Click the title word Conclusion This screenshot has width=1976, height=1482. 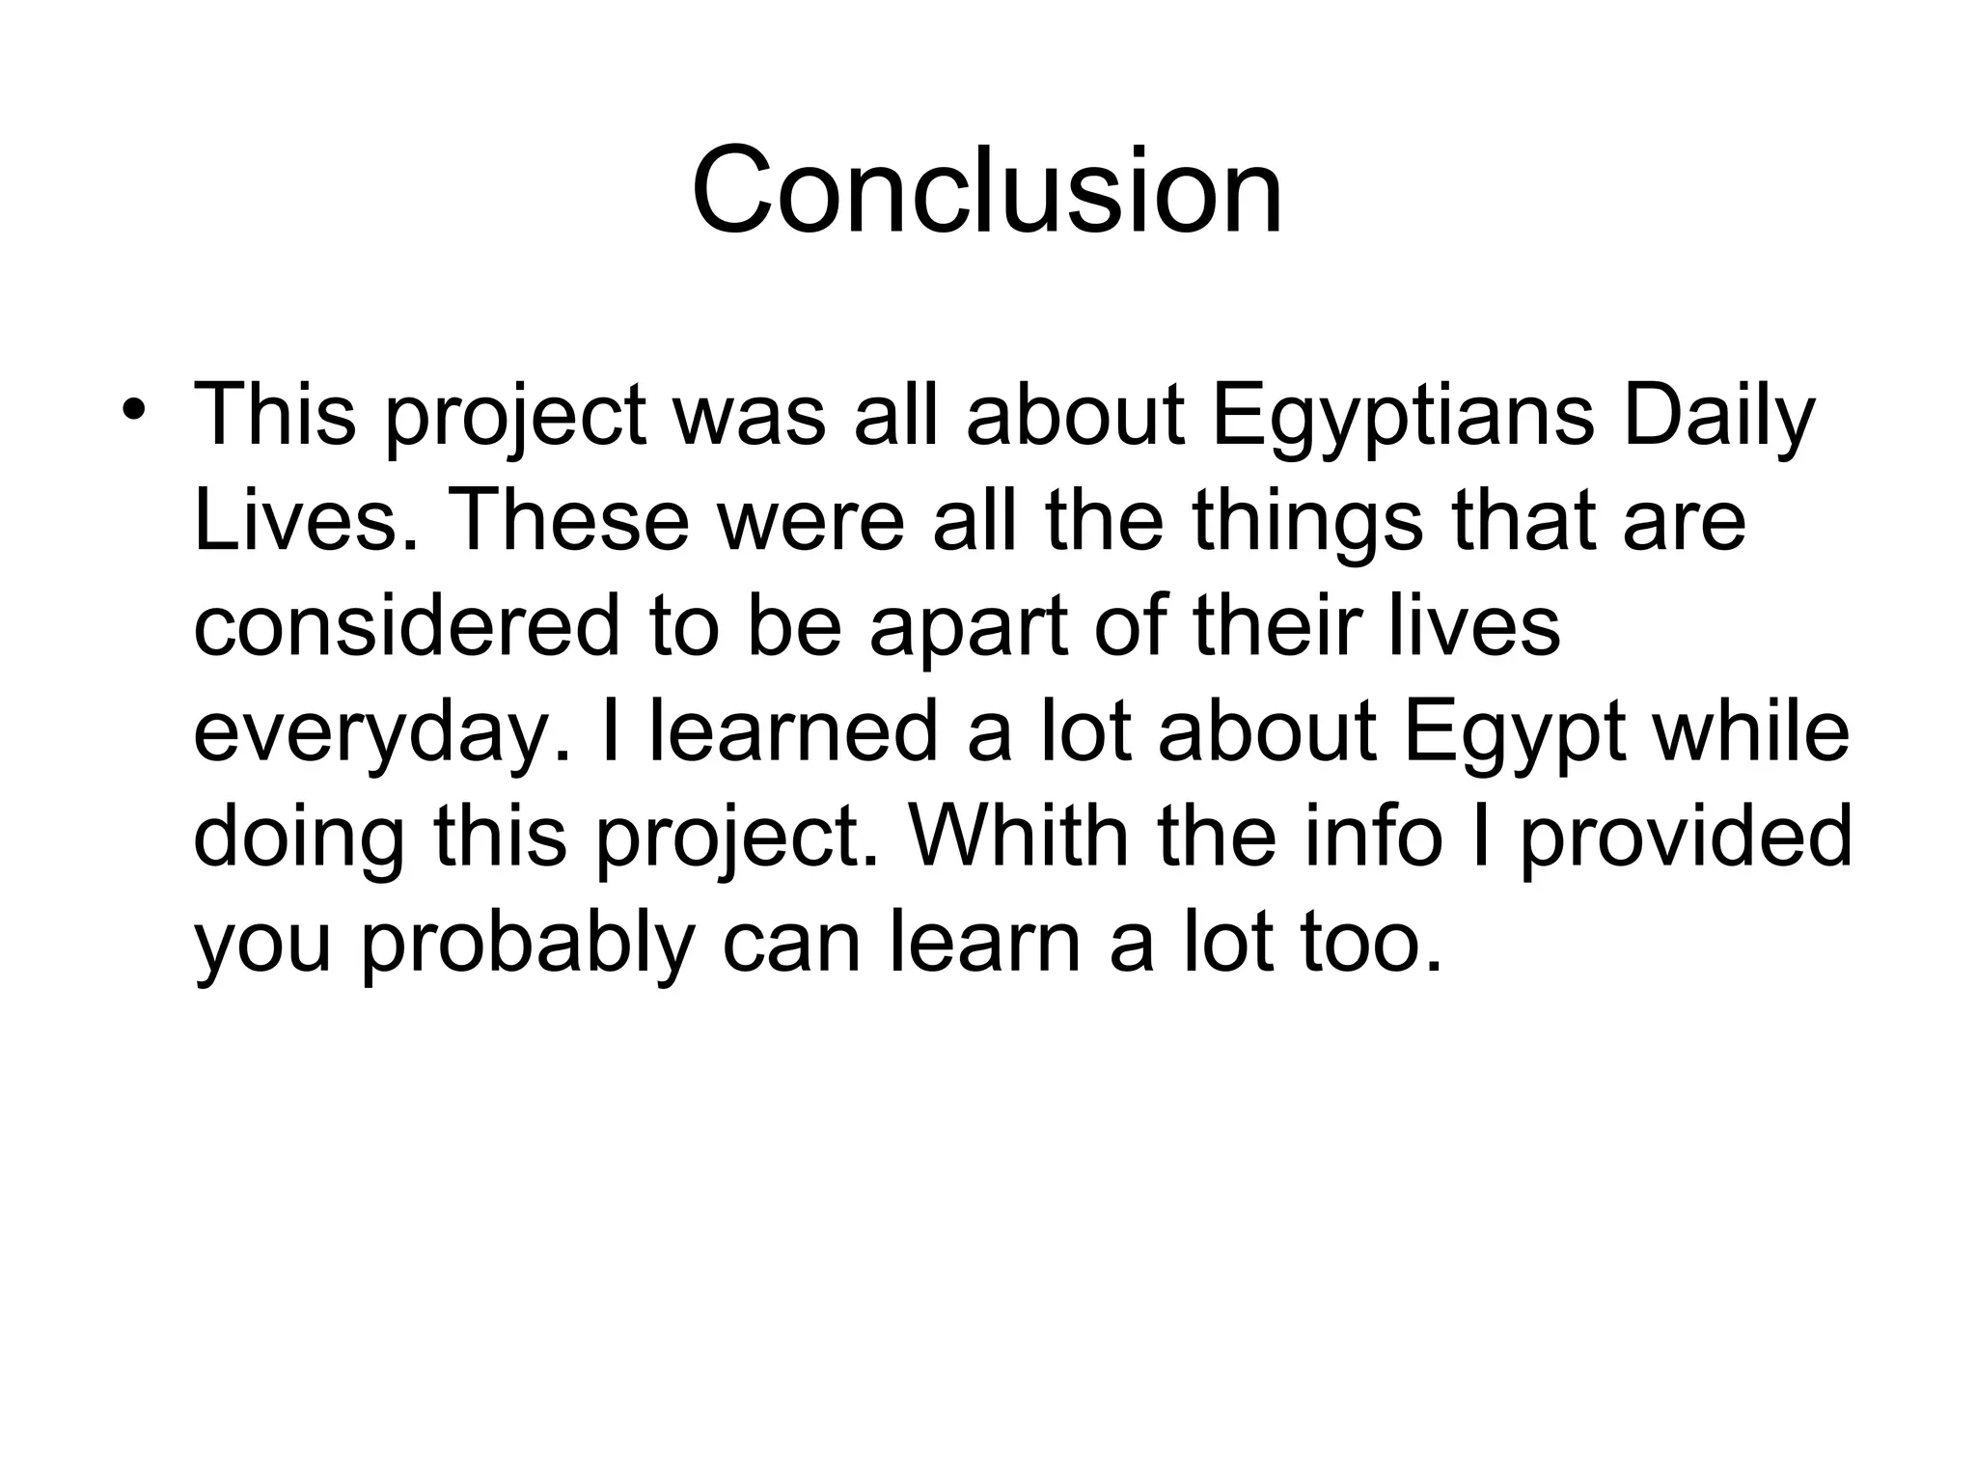point(987,190)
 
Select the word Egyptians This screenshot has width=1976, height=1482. point(1403,417)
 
